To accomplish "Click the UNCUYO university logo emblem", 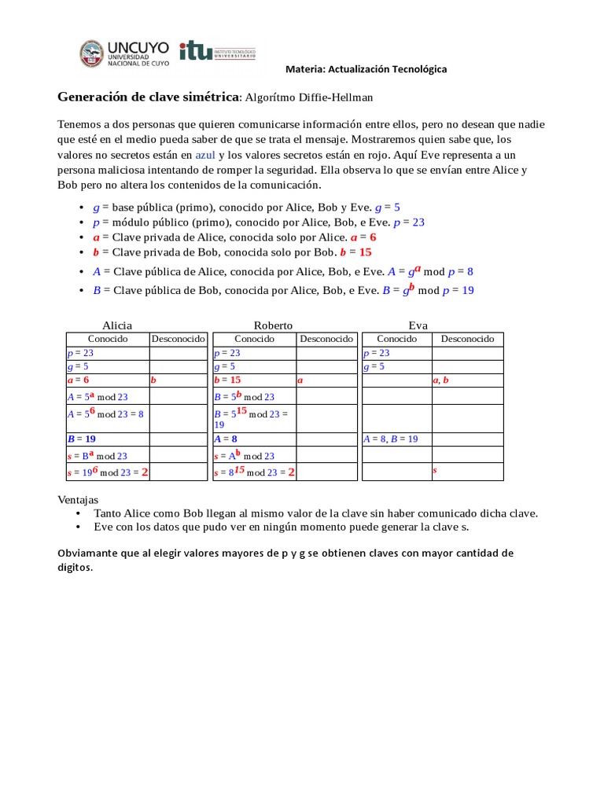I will [x=91, y=53].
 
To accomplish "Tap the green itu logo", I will [x=196, y=50].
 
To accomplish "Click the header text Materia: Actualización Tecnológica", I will [x=366, y=69].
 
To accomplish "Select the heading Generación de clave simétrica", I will [x=148, y=97].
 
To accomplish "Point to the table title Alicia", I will [x=117, y=325].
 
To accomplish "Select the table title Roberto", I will [x=273, y=325].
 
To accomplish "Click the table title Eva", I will [x=418, y=325].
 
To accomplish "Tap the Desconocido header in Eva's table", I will [x=467, y=339].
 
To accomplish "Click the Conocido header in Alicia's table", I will [x=107, y=339].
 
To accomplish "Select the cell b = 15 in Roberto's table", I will [x=227, y=380].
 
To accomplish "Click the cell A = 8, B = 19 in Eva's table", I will [x=391, y=439].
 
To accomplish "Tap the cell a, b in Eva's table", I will [x=440, y=380].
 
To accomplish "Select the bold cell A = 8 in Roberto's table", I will [x=226, y=439].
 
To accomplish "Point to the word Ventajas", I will [x=79, y=499].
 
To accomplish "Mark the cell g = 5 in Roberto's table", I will [x=225, y=366].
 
